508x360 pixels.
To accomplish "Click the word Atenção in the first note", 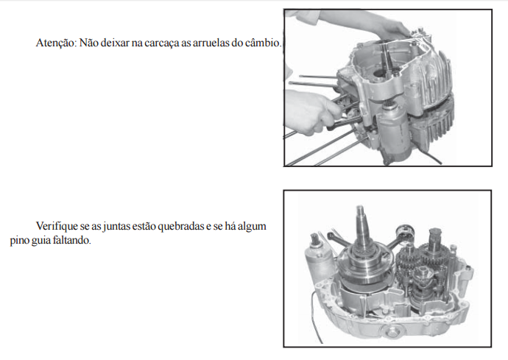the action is pyautogui.click(x=56, y=43).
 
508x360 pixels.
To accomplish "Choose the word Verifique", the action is pyautogui.click(x=57, y=226).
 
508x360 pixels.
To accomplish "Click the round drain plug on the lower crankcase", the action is pyautogui.click(x=391, y=331).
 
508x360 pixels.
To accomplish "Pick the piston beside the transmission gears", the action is pyautogui.click(x=405, y=234).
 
